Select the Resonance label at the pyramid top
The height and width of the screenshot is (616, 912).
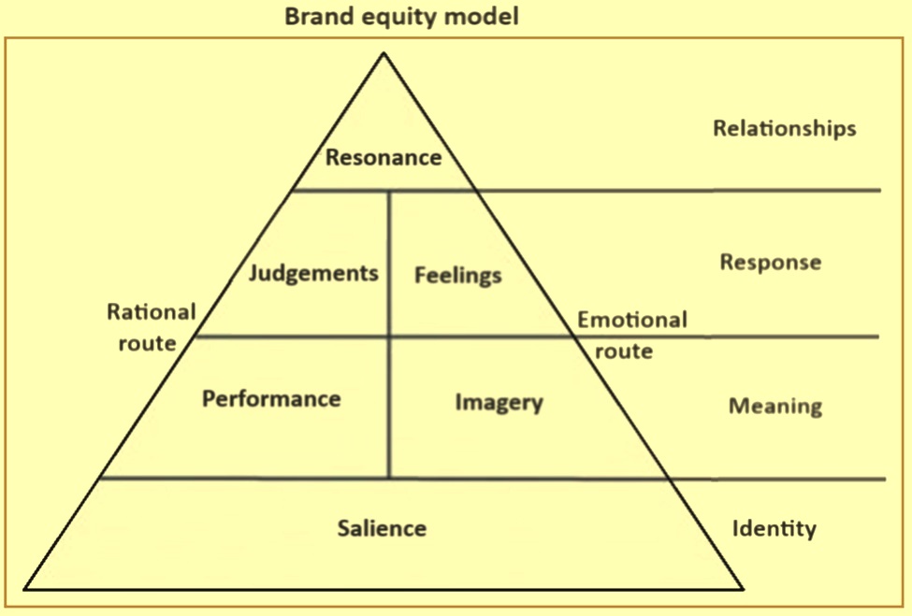tap(384, 157)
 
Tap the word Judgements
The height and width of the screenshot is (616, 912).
tap(313, 274)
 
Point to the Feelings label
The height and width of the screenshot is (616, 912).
tap(458, 275)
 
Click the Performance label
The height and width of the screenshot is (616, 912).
tap(271, 399)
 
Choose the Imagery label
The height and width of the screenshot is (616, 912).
tap(499, 403)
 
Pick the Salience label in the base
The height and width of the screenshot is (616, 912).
tap(382, 528)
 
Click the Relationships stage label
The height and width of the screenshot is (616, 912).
tap(784, 129)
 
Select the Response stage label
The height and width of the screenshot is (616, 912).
tap(770, 263)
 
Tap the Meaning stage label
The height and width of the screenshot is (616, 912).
tap(775, 407)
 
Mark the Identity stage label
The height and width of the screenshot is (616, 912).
tap(774, 529)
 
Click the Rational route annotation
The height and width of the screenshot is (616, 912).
tap(151, 326)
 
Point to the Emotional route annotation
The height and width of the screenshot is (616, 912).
tap(631, 335)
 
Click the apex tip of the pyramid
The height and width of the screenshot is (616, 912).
tap(383, 54)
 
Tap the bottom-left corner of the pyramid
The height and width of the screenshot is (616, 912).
tap(25, 589)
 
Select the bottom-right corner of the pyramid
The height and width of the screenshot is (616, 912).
tap(742, 589)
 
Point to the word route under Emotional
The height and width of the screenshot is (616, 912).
tap(624, 351)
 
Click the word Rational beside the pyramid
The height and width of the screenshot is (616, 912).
tap(152, 312)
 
